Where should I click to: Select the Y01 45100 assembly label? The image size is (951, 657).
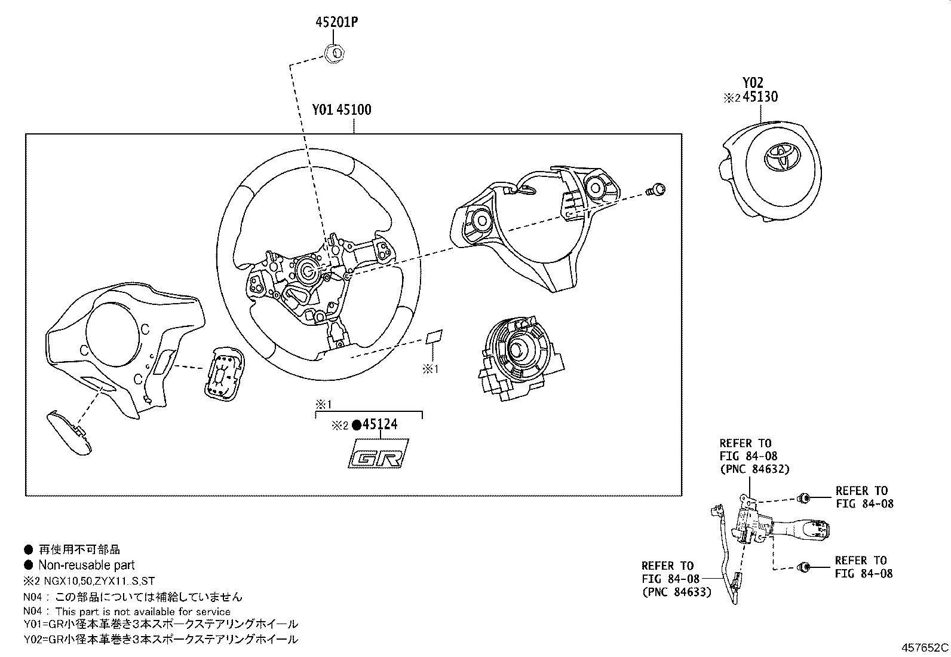click(x=342, y=110)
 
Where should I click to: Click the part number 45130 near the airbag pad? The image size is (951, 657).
click(x=760, y=97)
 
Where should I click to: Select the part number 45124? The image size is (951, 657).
click(x=380, y=424)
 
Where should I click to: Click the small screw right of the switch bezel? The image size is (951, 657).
click(x=657, y=190)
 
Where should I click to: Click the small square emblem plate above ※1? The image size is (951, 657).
click(x=434, y=337)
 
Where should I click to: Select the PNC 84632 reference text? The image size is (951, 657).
click(x=755, y=469)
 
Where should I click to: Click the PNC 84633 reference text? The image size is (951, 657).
click(x=677, y=592)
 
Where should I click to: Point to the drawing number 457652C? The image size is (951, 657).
click(x=925, y=647)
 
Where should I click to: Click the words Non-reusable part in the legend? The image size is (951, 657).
click(x=87, y=565)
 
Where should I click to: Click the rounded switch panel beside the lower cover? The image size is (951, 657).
click(x=225, y=374)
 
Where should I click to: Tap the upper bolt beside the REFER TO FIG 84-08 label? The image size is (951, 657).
click(x=804, y=497)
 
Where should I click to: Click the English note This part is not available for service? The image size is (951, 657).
click(x=143, y=612)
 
